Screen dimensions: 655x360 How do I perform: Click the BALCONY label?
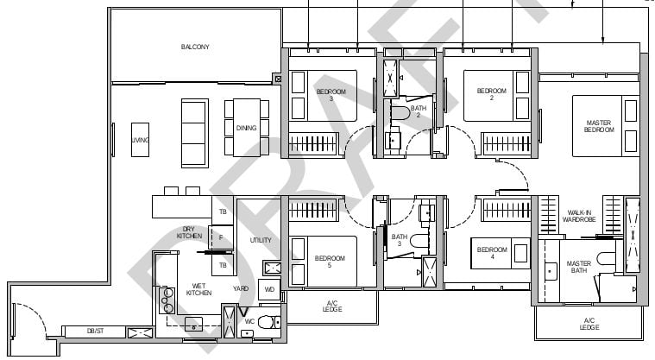coord(195,47)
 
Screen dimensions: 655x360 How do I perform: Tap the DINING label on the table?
coord(246,128)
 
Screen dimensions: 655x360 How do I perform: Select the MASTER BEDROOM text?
coord(599,126)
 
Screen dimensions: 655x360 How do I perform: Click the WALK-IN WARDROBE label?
coord(579,216)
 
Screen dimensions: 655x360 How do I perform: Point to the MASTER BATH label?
coord(579,267)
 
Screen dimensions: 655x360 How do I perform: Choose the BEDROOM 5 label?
coord(330,262)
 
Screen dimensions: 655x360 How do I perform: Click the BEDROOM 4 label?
coord(492,253)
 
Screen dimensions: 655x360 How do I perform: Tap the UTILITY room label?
coord(261,240)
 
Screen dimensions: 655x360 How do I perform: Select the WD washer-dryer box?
coord(269,289)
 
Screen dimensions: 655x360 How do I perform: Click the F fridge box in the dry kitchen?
coord(221,237)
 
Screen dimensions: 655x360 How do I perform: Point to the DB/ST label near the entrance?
coord(95,331)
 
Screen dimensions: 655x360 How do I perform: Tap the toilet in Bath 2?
coord(401,112)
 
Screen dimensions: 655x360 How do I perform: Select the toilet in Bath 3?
coord(419,241)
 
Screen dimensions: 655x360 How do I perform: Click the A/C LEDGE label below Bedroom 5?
coord(332,306)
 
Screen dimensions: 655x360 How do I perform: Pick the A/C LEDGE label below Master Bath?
coord(589,324)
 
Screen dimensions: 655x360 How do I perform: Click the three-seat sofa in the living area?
coord(195,133)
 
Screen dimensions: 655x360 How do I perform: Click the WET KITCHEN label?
coord(198,289)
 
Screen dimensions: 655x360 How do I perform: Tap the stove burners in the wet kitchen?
coord(168,300)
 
